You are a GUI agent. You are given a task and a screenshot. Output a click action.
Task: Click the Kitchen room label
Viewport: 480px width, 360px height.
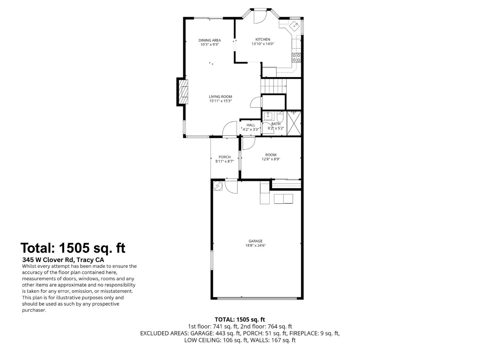pyautogui.click(x=262, y=39)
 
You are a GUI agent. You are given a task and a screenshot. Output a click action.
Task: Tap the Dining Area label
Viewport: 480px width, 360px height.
pyautogui.click(x=210, y=40)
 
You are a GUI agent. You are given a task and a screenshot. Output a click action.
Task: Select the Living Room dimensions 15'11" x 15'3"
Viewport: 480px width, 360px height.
pyautogui.click(x=220, y=101)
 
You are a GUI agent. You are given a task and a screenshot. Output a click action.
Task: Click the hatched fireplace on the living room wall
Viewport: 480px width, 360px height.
pyautogui.click(x=184, y=92)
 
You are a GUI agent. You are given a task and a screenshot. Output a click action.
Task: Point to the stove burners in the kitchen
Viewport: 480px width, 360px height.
pyautogui.click(x=296, y=58)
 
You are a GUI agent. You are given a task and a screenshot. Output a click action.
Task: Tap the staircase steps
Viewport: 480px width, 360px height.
pyautogui.click(x=273, y=86)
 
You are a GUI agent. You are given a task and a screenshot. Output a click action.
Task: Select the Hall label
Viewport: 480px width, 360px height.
pyautogui.click(x=251, y=125)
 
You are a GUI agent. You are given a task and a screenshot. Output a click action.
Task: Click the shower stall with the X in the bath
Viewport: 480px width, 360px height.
pyautogui.click(x=294, y=123)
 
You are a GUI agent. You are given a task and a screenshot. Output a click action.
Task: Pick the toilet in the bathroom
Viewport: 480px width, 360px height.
pyautogui.click(x=280, y=116)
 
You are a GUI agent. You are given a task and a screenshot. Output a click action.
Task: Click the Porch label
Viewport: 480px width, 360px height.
pyautogui.click(x=224, y=157)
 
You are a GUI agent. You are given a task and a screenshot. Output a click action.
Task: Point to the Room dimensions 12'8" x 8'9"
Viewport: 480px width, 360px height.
pyautogui.click(x=271, y=159)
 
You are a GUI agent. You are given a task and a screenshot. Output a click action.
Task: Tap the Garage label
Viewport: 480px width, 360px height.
pyautogui.click(x=255, y=241)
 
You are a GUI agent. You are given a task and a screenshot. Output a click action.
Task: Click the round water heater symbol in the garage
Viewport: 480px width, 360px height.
pyautogui.click(x=218, y=186)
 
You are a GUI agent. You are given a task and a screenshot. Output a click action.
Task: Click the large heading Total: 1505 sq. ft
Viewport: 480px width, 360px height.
pyautogui.click(x=73, y=248)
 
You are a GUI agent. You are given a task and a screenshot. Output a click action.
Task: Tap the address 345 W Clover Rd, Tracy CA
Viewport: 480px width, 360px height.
pyautogui.click(x=63, y=260)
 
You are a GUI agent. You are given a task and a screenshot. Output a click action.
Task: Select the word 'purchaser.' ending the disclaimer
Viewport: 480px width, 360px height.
pyautogui.click(x=34, y=310)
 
